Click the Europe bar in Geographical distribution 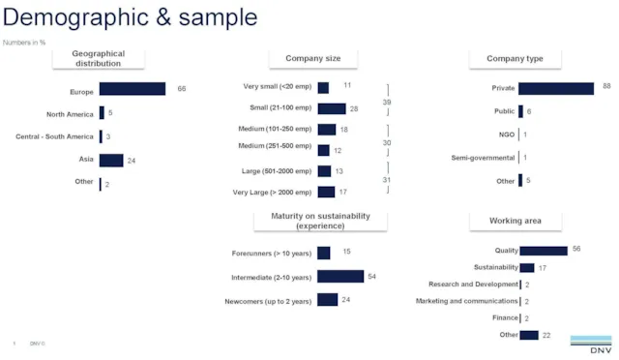(132, 89)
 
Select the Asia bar (111, 160)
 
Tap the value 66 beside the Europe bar (181, 89)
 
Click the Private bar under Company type (556, 88)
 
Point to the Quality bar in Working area (544, 251)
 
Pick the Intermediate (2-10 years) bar (340, 277)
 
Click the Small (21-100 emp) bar (331, 108)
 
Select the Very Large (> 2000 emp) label (272, 192)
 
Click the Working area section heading (515, 222)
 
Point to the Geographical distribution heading (99, 58)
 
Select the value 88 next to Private (606, 87)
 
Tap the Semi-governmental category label (484, 158)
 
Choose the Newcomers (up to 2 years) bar (328, 300)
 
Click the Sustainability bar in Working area (527, 268)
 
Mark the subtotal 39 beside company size (386, 102)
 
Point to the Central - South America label (55, 136)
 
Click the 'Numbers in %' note (24, 42)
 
